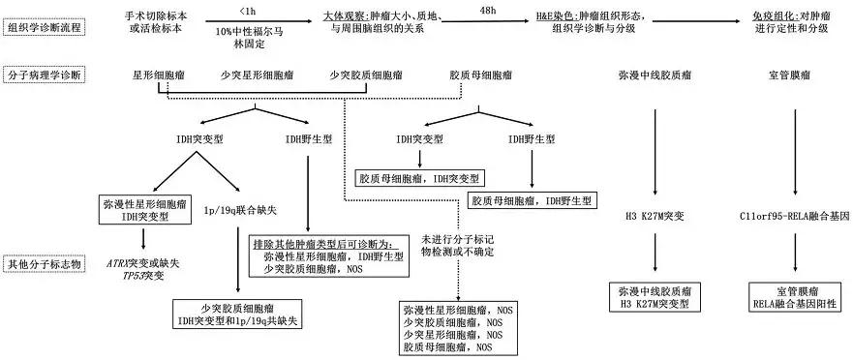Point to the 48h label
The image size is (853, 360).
click(479, 9)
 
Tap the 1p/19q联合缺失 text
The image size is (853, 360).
click(241, 207)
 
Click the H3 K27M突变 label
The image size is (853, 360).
click(659, 217)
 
